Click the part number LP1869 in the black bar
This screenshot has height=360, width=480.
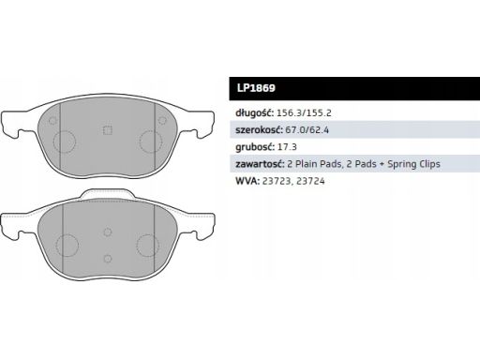[x=256, y=88]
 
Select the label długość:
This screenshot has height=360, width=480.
[x=254, y=113]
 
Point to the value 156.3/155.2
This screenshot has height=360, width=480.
[x=304, y=112]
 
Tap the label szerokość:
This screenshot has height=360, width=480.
[x=259, y=129]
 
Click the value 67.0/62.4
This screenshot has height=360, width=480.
[x=307, y=129]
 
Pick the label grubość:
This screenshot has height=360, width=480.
[x=255, y=147]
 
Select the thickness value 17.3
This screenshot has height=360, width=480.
[x=287, y=147]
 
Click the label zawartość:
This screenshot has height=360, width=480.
[x=260, y=164]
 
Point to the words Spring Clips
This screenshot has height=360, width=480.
[x=413, y=164]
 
